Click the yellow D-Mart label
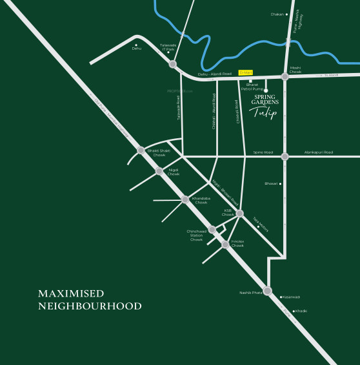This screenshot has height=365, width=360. point(245,72)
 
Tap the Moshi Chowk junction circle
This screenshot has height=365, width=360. point(285,77)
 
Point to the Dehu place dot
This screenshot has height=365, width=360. point(136,45)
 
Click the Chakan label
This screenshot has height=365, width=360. point(277,14)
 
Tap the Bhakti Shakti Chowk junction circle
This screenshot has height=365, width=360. point(141,150)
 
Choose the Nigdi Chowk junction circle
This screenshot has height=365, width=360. point(159,171)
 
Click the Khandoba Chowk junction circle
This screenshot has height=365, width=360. point(185,200)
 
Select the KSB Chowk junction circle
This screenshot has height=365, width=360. point(239,213)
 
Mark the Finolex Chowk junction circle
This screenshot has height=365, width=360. point(225,244)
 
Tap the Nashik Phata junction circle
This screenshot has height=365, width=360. point(267,291)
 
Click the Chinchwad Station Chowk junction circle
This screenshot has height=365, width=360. point(212,229)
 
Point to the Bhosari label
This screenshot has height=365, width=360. point(271,183)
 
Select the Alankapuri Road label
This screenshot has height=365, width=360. point(318,152)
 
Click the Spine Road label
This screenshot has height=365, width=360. point(263,152)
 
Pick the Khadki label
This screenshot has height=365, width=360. point(301,311)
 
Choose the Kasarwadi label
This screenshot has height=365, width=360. point(292,297)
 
